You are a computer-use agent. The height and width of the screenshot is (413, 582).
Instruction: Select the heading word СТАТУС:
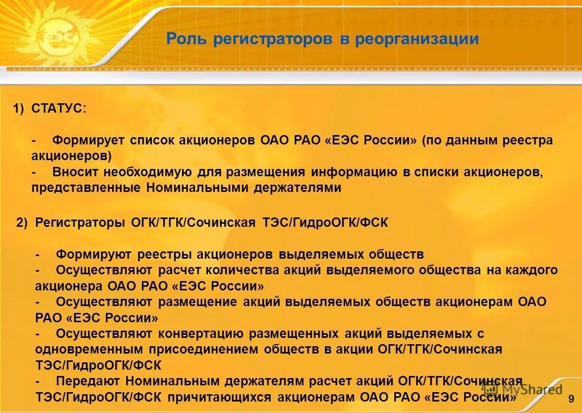pyautogui.click(x=59, y=108)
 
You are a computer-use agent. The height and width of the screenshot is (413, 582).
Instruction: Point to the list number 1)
pyautogui.click(x=19, y=108)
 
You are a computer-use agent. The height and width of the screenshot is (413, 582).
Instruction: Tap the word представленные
pyautogui.click(x=86, y=188)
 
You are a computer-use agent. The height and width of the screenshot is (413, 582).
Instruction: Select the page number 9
pyautogui.click(x=571, y=399)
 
